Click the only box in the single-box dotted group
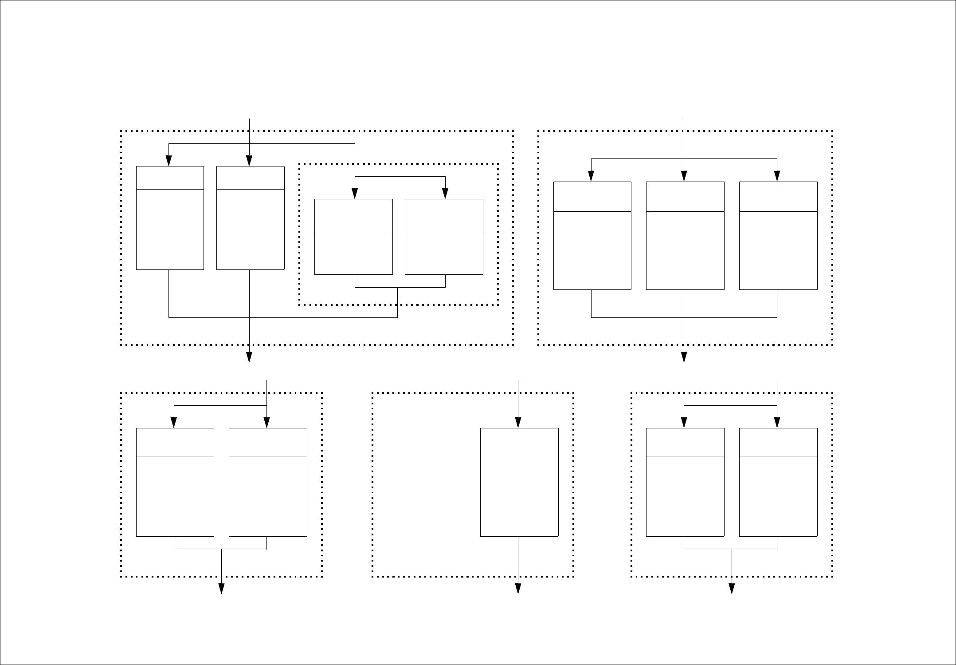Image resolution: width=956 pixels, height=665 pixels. click(519, 482)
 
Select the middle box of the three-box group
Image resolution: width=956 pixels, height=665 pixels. click(685, 236)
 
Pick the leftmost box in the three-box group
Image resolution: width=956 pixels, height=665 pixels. click(592, 236)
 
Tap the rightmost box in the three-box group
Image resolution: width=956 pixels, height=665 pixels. click(778, 236)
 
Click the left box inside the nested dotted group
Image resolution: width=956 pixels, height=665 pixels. click(353, 237)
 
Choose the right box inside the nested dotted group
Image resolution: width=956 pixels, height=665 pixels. click(444, 237)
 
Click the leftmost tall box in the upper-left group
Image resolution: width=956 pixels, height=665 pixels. click(170, 218)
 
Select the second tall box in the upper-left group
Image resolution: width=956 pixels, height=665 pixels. click(250, 218)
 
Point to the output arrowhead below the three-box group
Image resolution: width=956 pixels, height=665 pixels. click(684, 357)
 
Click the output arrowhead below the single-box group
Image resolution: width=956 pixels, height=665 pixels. click(518, 589)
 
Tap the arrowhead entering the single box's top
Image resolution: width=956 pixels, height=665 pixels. click(518, 423)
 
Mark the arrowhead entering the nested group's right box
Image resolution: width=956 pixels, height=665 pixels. click(445, 194)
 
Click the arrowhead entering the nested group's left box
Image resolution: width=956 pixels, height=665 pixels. click(355, 194)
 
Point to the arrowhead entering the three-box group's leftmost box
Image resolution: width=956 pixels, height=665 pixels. click(591, 177)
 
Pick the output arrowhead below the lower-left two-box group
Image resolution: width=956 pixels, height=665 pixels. click(221, 589)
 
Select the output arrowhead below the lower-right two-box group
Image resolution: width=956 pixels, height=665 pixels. click(732, 589)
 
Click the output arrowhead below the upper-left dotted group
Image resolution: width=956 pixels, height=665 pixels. click(249, 357)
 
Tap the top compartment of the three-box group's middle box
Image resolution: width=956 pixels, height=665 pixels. click(685, 197)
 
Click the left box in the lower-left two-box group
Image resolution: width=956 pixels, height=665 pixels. click(175, 482)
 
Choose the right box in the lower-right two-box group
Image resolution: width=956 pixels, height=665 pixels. click(778, 482)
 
